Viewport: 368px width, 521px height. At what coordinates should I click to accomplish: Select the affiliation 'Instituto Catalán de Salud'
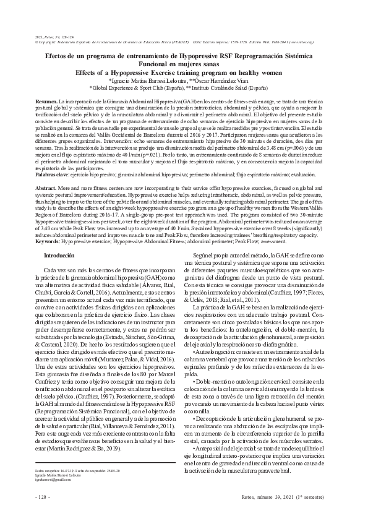(x=237, y=88)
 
